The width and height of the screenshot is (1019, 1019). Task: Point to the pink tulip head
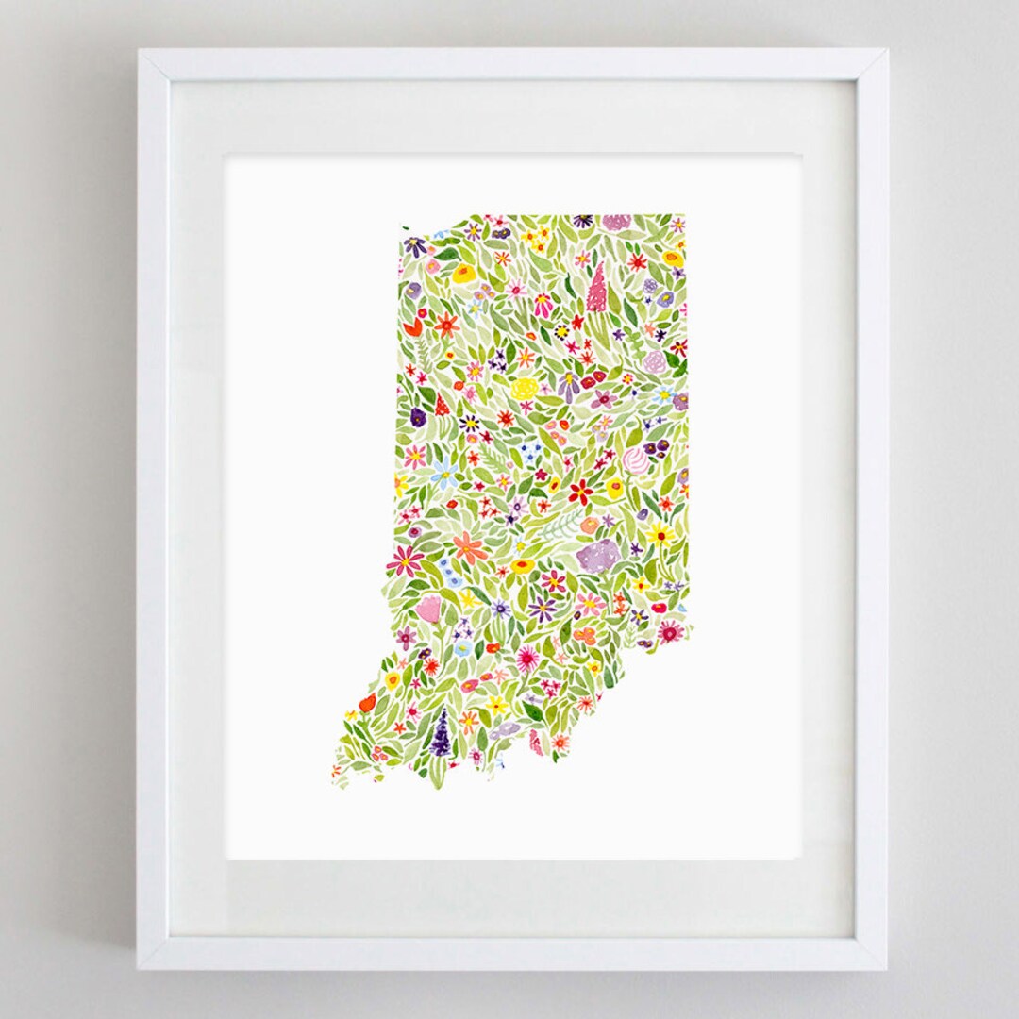tap(429, 609)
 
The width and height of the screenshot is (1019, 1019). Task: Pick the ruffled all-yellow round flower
tap(525, 388)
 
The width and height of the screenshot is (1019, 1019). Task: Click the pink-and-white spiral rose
tap(636, 460)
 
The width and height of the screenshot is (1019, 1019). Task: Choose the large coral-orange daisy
tap(469, 547)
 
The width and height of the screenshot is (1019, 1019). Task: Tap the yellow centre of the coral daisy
tap(469, 547)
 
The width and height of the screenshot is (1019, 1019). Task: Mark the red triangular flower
tap(441, 406)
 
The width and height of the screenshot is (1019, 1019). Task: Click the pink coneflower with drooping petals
tap(543, 304)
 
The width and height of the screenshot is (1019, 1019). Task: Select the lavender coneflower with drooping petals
tap(568, 385)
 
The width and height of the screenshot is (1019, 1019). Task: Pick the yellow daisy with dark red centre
tap(660, 535)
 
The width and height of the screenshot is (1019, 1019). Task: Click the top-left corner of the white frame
tap(139, 51)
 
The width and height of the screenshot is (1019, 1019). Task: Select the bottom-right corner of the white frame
tap(886, 968)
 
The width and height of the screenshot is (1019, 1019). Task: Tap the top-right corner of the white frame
tap(886, 51)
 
